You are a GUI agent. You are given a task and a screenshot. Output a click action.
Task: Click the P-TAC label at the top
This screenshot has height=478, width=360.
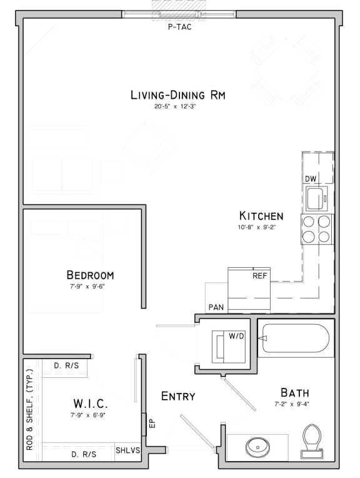180,27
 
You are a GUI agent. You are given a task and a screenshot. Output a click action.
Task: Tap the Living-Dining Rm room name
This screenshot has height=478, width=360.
177,95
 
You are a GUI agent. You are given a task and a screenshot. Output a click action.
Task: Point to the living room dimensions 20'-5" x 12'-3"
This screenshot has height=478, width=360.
179,107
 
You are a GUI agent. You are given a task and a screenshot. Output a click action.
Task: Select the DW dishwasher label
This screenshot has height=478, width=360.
311,179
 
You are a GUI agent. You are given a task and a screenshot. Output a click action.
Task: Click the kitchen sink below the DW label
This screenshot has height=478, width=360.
316,199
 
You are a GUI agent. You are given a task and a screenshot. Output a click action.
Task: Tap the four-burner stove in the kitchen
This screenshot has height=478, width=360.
317,228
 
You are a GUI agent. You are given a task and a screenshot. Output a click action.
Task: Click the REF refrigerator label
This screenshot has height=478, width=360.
259,275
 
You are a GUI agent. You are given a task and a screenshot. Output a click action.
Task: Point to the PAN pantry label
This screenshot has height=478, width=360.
216,308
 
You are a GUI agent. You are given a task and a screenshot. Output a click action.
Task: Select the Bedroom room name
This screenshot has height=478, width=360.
90,275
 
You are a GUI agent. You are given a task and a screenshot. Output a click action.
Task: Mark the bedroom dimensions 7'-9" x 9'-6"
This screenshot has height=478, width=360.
90,286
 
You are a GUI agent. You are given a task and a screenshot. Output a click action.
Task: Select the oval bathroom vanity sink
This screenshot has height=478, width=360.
257,447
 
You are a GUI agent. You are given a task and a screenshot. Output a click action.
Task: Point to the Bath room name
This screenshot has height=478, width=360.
294,393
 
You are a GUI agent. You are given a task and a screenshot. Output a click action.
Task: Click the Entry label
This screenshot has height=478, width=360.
178,396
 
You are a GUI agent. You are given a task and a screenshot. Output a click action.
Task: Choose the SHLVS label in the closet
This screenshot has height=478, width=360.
127,450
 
